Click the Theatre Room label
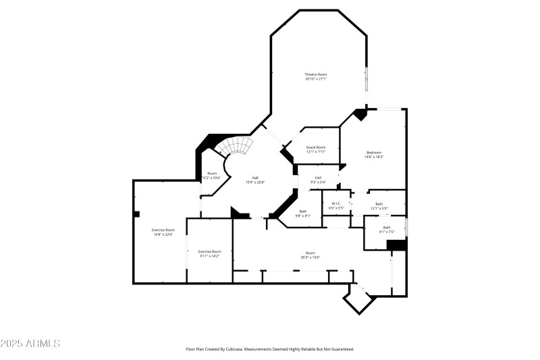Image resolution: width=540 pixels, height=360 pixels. point(316,74)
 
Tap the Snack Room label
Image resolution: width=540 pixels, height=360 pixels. point(316,147)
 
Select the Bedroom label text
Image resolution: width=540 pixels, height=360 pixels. point(374,152)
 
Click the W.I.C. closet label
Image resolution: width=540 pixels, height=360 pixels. point(336,203)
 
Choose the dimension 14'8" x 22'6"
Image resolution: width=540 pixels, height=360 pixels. point(163,234)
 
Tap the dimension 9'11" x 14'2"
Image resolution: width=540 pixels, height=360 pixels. point(209,256)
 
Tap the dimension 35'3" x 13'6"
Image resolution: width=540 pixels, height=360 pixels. point(310,257)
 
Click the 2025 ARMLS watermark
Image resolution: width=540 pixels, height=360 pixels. point(30,344)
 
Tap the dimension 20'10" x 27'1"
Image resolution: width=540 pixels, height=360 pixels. point(316,79)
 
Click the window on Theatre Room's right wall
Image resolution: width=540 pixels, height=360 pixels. point(367,80)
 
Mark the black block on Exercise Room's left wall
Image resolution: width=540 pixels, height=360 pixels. point(136,214)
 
